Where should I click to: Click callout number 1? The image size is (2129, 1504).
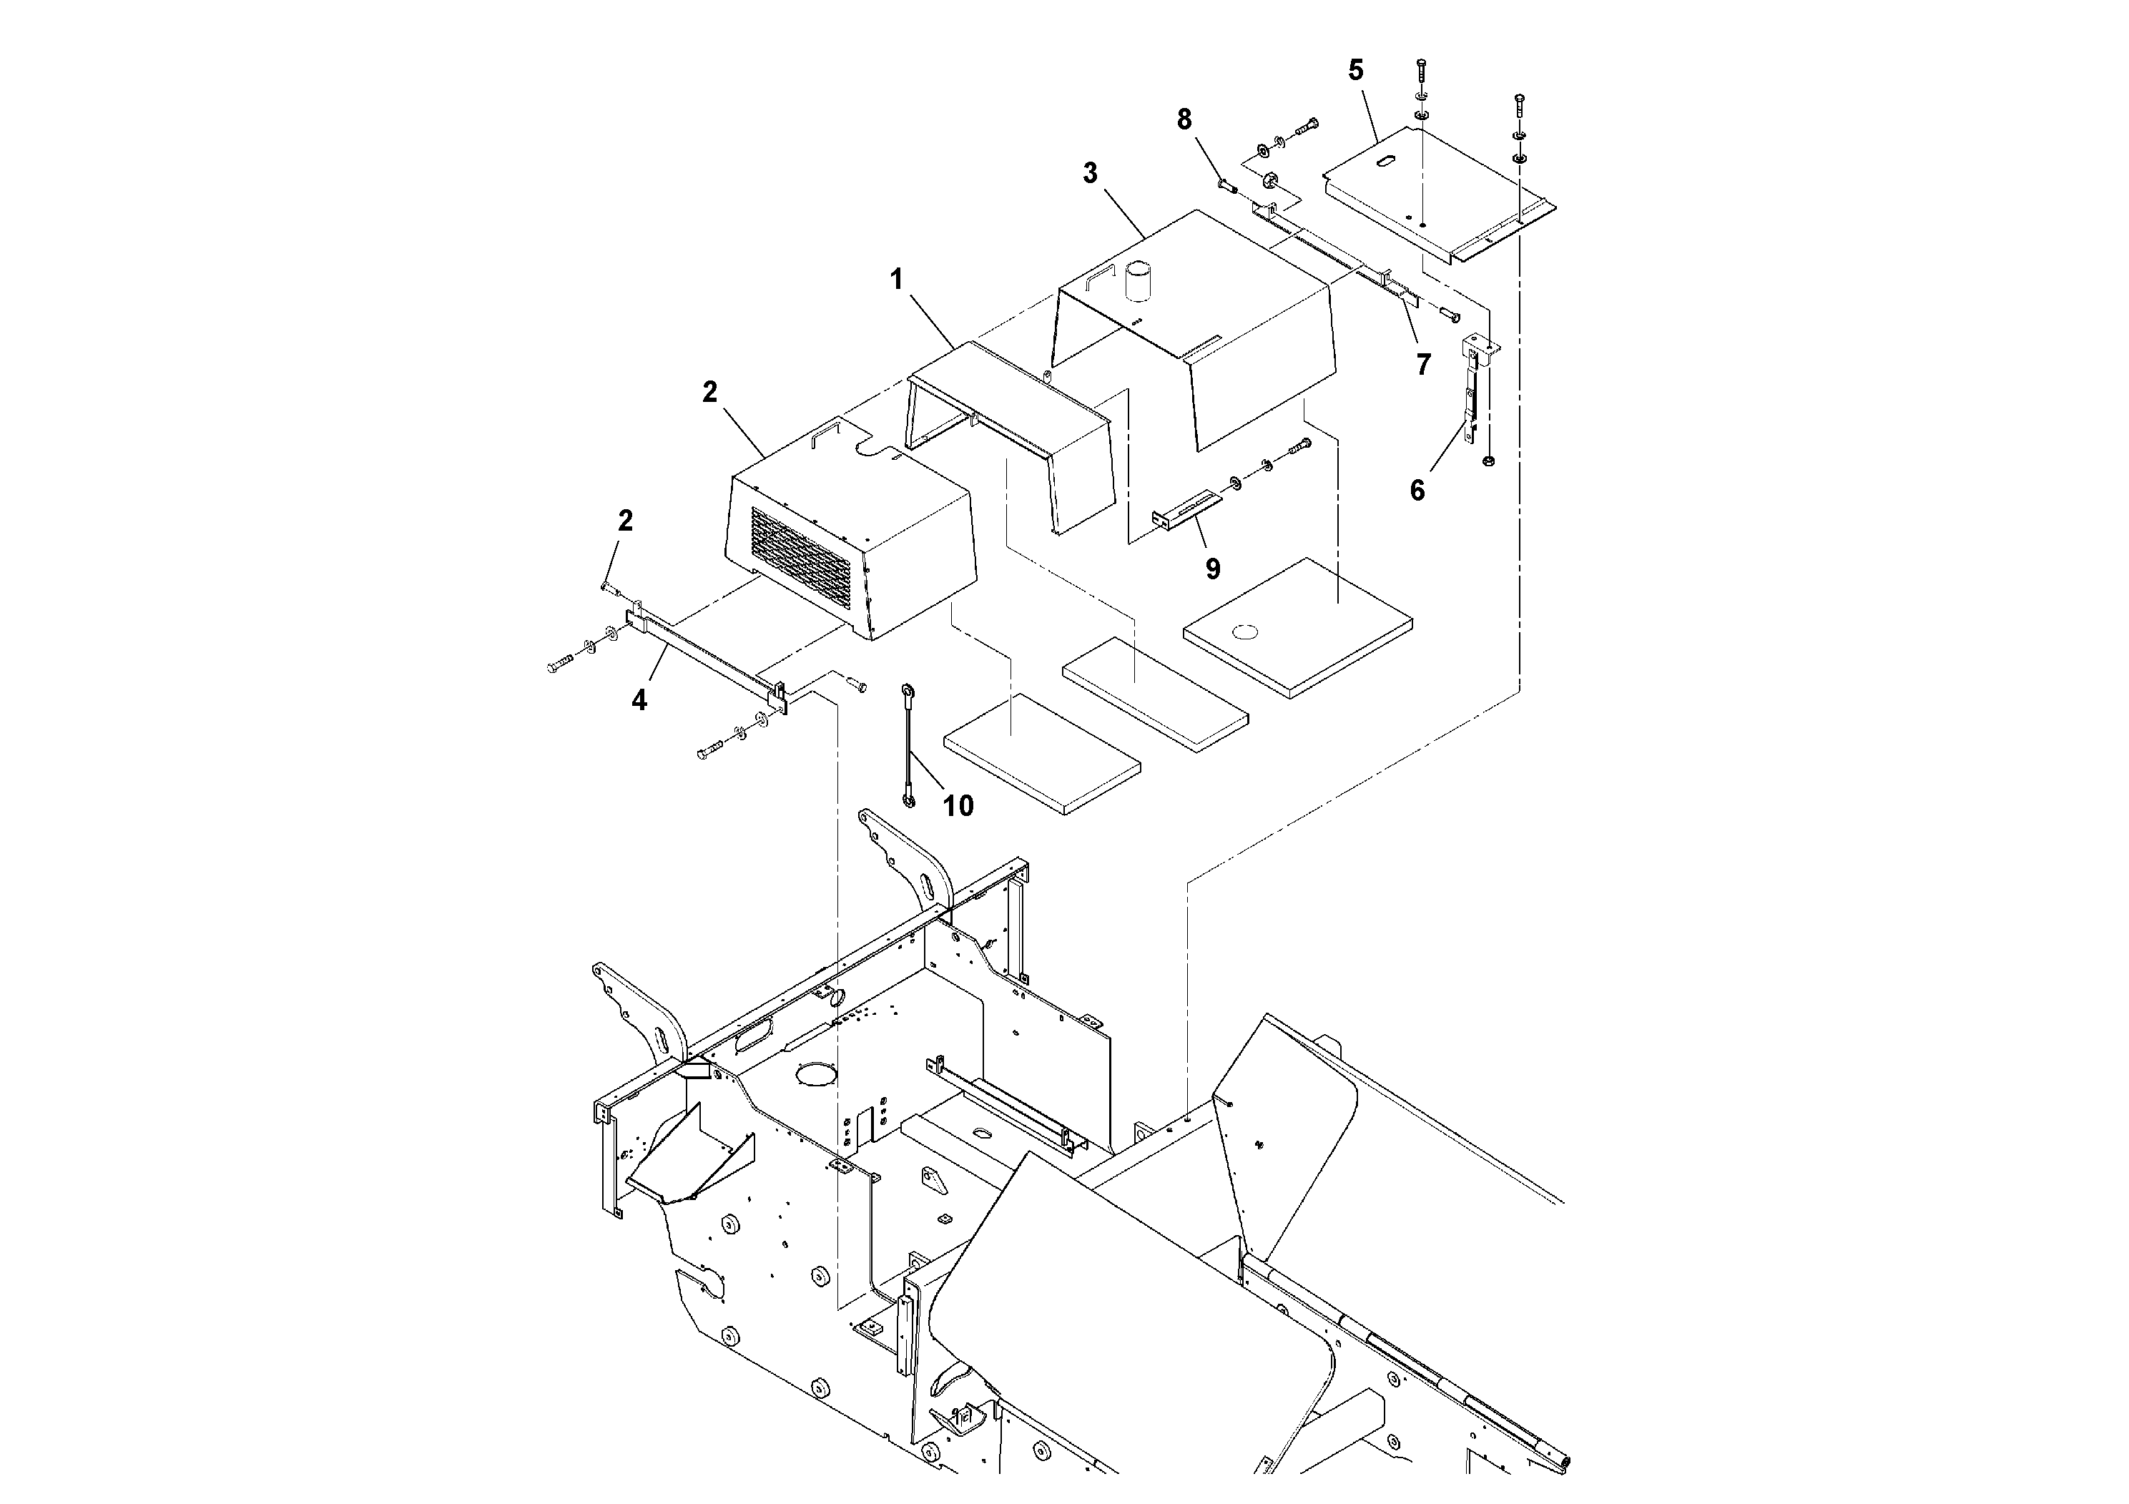coord(896,279)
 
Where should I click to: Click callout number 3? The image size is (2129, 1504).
coord(1090,173)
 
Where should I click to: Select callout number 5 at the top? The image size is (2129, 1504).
coord(1356,71)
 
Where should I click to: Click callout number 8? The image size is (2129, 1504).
coord(1184,119)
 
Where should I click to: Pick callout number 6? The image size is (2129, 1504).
coord(1417,490)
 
